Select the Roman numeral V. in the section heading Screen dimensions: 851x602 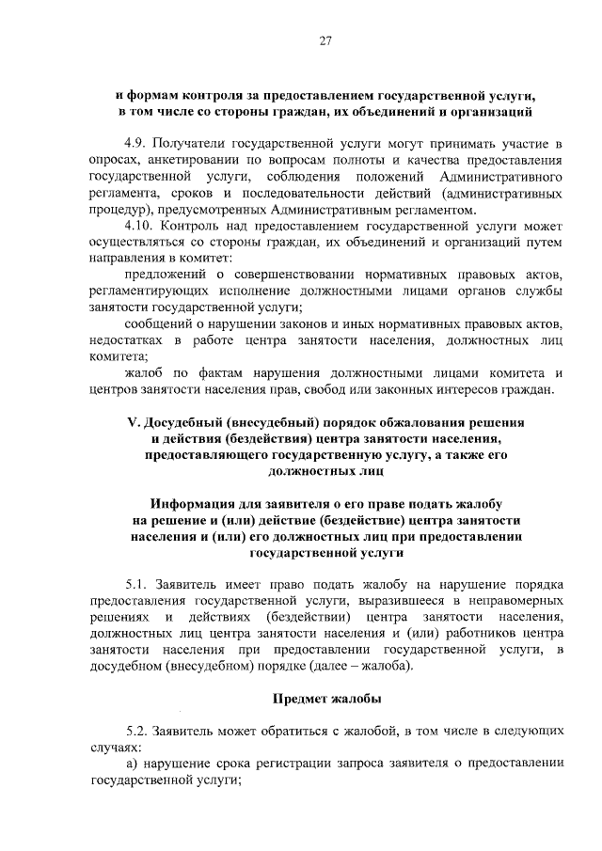coord(134,422)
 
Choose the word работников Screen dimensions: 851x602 coord(478,632)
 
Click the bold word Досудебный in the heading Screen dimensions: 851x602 coord(190,422)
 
